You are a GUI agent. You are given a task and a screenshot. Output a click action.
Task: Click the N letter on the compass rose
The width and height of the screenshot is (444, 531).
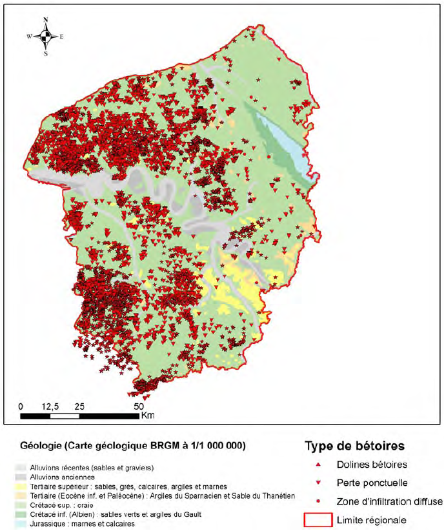[x=46, y=19]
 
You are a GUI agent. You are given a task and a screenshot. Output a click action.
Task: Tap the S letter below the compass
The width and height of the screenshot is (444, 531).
[x=46, y=54]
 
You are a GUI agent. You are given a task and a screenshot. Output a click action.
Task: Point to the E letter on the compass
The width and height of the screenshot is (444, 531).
[x=61, y=37]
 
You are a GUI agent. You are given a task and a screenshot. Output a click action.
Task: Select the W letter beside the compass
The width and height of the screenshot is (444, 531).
[x=29, y=37]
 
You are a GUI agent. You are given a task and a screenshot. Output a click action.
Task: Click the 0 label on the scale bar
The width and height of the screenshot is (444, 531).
[x=21, y=406]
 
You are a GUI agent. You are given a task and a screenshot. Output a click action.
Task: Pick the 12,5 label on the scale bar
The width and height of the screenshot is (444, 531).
[x=50, y=406]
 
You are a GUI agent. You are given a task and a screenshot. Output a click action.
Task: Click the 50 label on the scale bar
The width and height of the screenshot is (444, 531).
[x=139, y=406]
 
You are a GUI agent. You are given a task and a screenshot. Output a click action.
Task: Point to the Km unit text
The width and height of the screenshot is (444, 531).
[x=148, y=416]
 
